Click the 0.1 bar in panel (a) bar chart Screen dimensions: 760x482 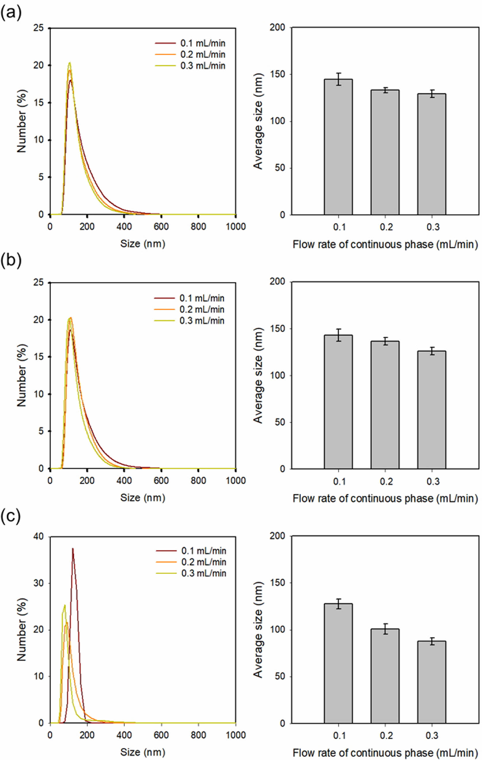point(338,147)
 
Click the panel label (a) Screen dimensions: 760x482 point(11,13)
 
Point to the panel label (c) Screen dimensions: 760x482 point(11,517)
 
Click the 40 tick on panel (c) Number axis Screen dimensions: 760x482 point(39,537)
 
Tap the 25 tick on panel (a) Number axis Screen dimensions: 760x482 point(39,28)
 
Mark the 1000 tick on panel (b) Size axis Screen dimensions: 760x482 point(236,481)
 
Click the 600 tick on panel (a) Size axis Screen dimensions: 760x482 point(161,227)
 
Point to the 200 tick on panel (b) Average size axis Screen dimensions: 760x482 point(277,281)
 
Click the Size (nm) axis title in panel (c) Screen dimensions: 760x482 point(143,753)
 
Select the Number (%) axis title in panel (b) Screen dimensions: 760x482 point(21,375)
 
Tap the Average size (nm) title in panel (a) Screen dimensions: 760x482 point(258,121)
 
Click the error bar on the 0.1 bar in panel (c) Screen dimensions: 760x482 point(339,604)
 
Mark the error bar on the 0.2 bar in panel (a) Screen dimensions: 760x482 point(385,90)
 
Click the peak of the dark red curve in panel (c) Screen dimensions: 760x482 point(73,549)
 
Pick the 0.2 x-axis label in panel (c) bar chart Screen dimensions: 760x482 point(386,736)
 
